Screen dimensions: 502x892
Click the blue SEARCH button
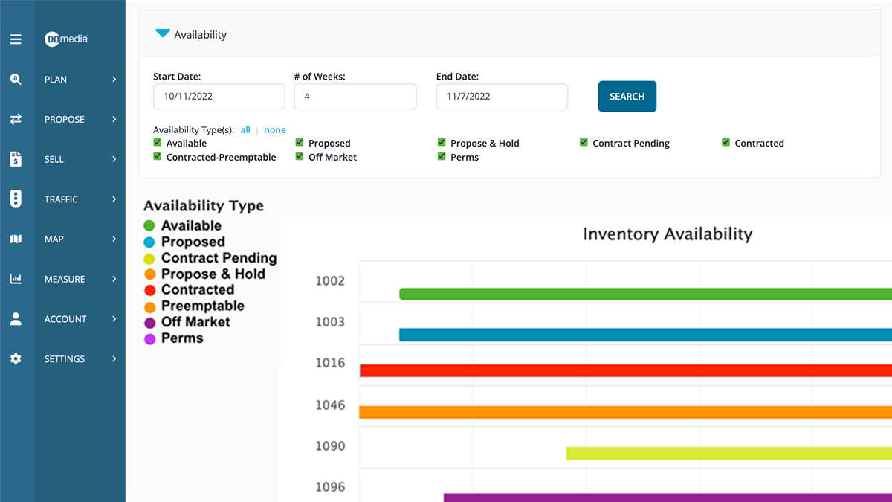pos(627,97)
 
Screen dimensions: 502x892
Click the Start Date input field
pos(219,97)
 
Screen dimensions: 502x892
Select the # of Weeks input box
pos(355,97)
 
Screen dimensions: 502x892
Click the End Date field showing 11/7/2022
pos(502,97)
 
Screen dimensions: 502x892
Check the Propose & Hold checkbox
pos(442,143)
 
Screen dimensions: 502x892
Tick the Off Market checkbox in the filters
pos(300,157)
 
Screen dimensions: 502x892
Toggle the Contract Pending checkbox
pos(584,143)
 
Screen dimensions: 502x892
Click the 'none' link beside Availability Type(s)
pos(274,130)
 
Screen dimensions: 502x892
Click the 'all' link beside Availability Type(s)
pos(245,130)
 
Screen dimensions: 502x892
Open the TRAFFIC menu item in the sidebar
pos(61,199)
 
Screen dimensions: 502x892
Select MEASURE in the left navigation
pos(65,280)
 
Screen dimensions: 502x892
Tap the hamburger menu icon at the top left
pos(16,39)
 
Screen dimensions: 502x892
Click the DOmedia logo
pos(66,39)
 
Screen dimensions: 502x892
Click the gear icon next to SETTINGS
pos(16,359)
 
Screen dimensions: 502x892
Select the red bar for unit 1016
pos(625,370)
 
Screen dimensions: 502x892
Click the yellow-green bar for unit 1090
pos(728,453)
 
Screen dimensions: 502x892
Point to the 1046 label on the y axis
pos(330,405)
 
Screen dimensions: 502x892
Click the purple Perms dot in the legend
pos(149,338)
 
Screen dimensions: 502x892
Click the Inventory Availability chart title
pos(668,234)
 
